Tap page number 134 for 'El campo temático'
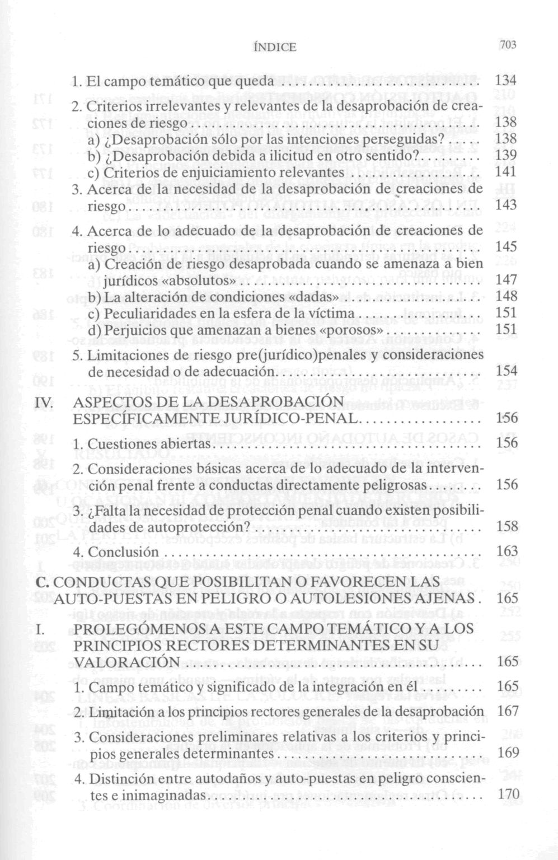pos(506,81)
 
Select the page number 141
pos(506,172)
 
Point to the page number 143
pos(506,205)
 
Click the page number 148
pos(506,296)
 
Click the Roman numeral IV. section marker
pos(44,402)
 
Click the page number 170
pos(508,794)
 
